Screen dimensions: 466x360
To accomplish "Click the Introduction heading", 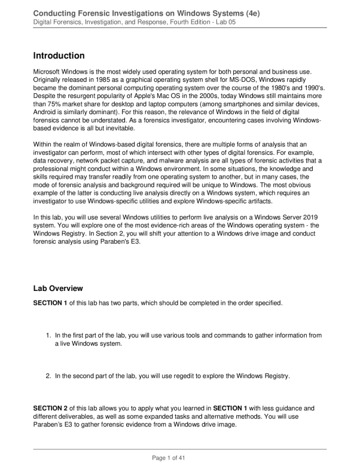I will [59, 56].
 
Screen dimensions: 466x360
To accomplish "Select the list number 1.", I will [48, 335].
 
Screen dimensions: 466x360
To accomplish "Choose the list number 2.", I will [48, 376].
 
